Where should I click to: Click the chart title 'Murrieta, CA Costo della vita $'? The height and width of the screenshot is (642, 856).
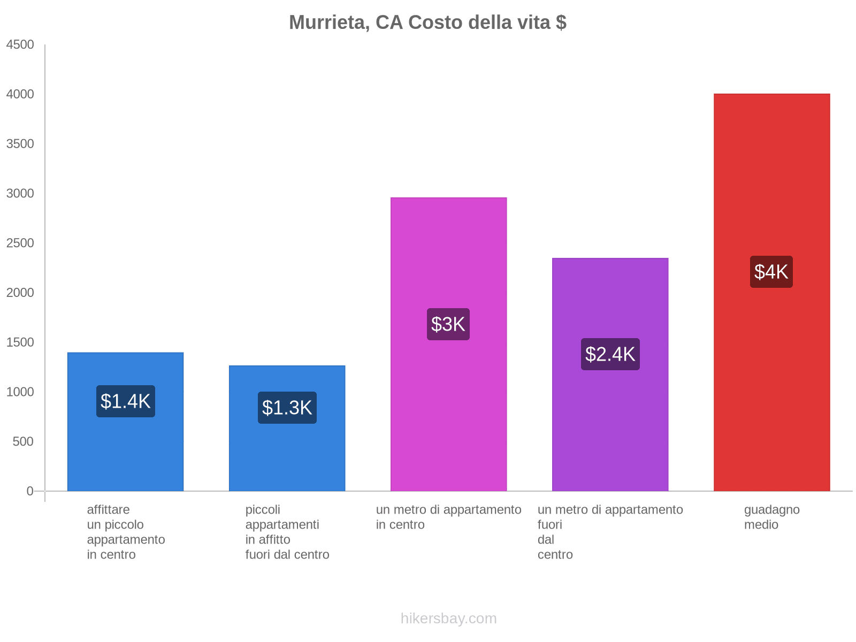point(427,22)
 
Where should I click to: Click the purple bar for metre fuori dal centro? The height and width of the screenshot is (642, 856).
point(610,428)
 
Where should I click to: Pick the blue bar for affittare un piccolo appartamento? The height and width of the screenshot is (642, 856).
point(126,455)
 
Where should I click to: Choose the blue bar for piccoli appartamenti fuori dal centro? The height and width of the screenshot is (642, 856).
point(287,455)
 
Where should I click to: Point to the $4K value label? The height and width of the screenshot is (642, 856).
point(771,272)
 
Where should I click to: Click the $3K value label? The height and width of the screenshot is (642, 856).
point(448,324)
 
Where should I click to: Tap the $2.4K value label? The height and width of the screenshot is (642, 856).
point(610,354)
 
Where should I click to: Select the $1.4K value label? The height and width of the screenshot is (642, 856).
point(126,401)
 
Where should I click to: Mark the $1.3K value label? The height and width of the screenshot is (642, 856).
point(287,408)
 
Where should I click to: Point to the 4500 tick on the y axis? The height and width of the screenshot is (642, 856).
point(20,45)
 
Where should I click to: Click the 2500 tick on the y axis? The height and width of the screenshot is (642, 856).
point(20,243)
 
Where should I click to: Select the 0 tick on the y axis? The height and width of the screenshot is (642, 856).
point(30,491)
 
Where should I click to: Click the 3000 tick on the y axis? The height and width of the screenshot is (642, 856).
point(20,194)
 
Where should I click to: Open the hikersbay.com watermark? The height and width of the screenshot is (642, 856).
point(448,618)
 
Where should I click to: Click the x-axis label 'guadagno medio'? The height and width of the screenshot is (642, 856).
point(771,517)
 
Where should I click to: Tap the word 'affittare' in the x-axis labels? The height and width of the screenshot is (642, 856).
point(108,510)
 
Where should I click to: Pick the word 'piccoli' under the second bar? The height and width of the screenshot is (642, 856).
point(263,510)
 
